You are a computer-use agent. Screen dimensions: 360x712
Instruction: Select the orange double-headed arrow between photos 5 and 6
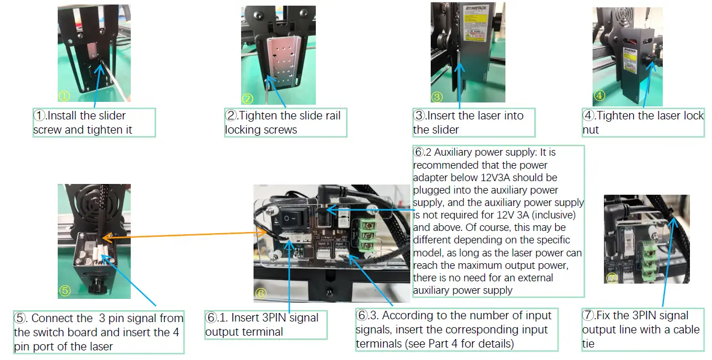tap(186, 235)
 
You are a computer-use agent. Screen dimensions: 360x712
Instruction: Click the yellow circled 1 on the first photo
tap(64, 96)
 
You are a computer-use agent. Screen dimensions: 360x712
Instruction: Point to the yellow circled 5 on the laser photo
tap(65, 291)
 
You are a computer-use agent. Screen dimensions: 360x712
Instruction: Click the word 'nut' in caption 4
tap(590, 130)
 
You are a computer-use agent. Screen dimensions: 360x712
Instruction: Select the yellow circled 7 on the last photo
tap(611, 278)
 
